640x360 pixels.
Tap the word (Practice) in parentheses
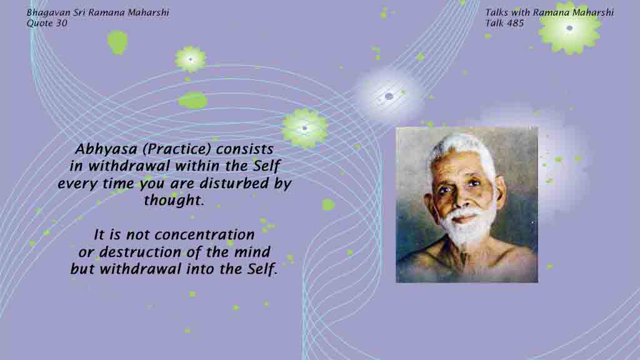point(177,149)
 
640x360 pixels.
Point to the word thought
point(174,201)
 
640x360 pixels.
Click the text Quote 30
point(47,23)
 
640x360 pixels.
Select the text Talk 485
point(504,23)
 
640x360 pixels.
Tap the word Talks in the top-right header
point(497,12)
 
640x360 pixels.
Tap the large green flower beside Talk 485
point(570,27)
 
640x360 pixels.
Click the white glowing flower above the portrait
point(389,96)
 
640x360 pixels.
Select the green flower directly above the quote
point(304,128)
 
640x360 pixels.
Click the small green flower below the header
point(191,59)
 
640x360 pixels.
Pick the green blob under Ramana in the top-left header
point(117,42)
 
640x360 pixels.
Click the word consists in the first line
point(244,149)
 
